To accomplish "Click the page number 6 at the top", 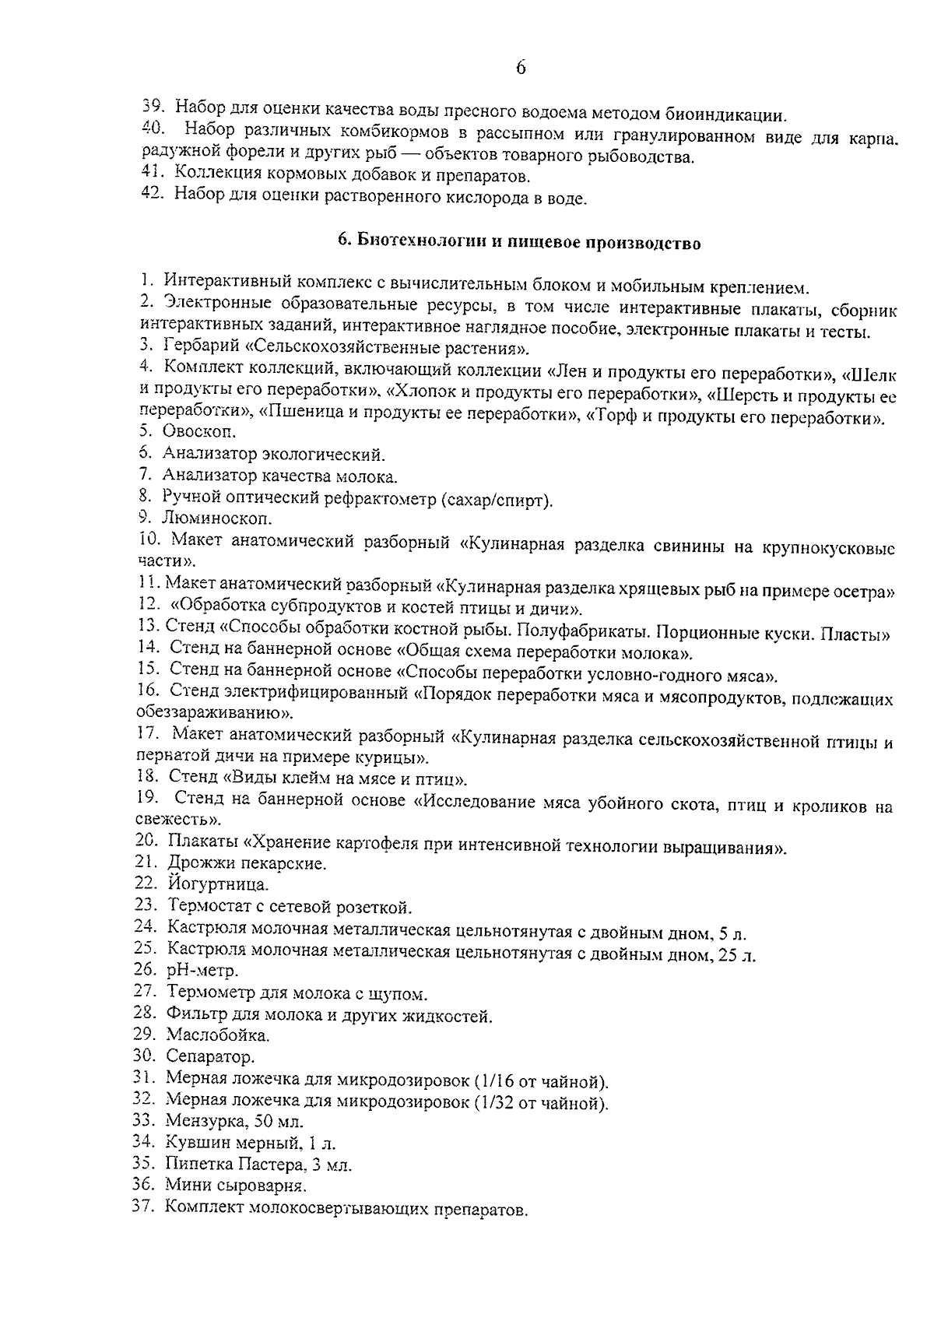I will click(521, 68).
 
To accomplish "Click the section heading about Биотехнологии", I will click(519, 243).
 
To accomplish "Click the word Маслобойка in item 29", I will click(218, 1035).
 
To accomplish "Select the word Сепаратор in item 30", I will click(210, 1057).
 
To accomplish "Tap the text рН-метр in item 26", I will click(202, 971).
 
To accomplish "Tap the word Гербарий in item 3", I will click(198, 347).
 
